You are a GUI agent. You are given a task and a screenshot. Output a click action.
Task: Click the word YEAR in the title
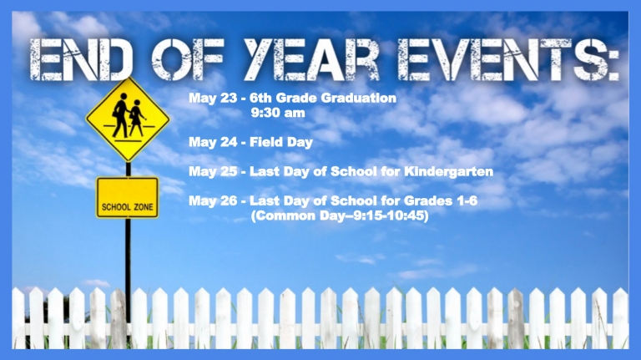[312, 60]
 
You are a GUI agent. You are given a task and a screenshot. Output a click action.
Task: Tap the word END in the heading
[80, 60]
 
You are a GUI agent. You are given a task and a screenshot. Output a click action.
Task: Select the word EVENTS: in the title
[508, 60]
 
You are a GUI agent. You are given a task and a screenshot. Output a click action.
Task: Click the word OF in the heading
[187, 60]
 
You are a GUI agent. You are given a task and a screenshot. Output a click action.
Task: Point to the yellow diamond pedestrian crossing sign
[128, 119]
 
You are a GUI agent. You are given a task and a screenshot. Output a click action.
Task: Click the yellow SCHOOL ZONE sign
[127, 198]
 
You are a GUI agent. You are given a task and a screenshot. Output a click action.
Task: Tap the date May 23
[213, 99]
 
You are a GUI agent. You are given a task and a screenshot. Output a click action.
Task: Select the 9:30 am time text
[278, 113]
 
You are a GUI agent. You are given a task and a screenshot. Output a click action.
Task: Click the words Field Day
[281, 142]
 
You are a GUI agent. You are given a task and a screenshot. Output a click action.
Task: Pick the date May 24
[213, 142]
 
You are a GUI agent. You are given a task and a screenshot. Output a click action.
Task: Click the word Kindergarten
[448, 171]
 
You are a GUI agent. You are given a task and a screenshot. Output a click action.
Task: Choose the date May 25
[213, 171]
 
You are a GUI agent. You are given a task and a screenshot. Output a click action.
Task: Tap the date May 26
[213, 200]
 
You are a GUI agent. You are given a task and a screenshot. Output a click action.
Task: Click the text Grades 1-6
[441, 200]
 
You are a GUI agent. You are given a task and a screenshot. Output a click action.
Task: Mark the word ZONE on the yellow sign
[142, 207]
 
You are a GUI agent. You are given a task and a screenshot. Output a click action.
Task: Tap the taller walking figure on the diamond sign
[120, 115]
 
